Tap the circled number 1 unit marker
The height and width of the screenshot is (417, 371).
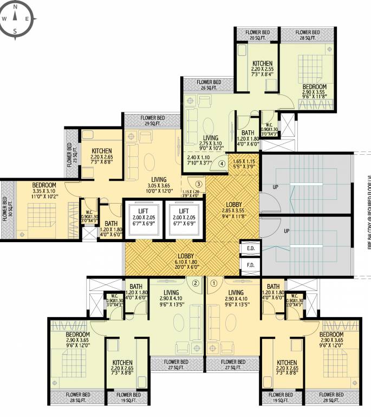point(214,282)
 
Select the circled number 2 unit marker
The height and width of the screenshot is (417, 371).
point(196,282)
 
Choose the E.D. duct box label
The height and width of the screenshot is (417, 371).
point(251,249)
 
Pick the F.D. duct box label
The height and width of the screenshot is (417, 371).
point(251,266)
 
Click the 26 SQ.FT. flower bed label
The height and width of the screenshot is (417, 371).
point(209,85)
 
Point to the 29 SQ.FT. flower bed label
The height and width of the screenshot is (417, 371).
point(152,121)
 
